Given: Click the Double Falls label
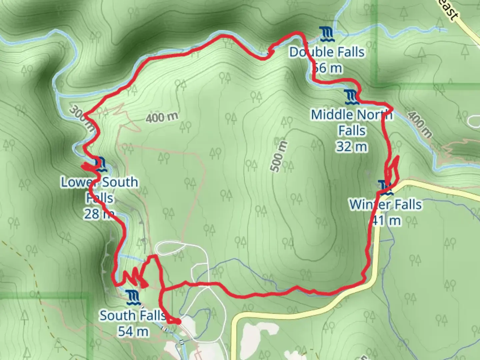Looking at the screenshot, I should [x=327, y=52].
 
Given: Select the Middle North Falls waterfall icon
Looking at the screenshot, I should [x=352, y=96].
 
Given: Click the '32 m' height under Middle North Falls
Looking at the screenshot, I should [x=352, y=146].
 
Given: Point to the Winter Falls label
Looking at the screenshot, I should [x=385, y=204].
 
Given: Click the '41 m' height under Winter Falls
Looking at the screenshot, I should [x=386, y=220].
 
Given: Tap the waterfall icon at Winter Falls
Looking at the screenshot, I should [x=385, y=188].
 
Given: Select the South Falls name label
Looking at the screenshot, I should [x=133, y=315].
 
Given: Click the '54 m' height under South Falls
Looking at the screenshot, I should [x=133, y=331].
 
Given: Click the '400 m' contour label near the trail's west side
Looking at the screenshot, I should [x=162, y=117].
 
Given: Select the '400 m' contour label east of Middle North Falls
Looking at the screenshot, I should [x=419, y=124].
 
